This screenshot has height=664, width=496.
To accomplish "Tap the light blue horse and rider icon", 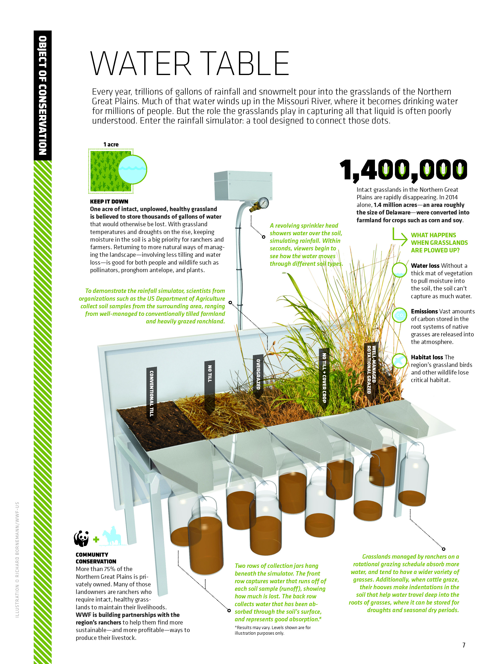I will coord(112,537).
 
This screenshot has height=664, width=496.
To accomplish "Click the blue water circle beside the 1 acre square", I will coord(132,169).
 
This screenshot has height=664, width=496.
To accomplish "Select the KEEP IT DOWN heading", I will coord(109,202).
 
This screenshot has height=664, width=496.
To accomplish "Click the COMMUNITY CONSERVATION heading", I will coord(96,558).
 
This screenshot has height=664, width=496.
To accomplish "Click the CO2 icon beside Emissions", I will coord(399,315).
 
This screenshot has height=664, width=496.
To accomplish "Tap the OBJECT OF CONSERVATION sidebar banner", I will coord(43,95).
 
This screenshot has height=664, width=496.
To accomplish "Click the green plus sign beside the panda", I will coord(96,539).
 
